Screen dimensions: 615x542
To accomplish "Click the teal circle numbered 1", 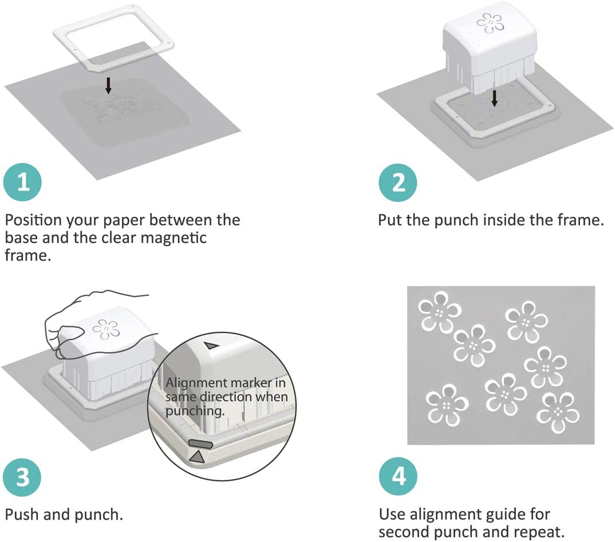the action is point(22,182).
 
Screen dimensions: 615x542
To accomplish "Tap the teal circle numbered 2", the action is point(398,183).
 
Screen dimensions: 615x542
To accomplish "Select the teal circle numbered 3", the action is point(22,477).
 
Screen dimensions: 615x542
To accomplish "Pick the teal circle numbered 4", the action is point(398,476).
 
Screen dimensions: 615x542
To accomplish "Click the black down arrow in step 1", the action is point(108,85).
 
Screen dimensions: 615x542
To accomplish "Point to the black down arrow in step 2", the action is point(495,98).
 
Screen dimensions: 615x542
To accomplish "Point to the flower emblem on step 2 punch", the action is point(490,23).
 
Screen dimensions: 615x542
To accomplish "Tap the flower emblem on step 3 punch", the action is point(106,329).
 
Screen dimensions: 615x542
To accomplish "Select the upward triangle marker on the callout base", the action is point(198,456).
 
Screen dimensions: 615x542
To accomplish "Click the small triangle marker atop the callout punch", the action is point(211,346).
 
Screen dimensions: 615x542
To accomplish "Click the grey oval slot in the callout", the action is point(201,444).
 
